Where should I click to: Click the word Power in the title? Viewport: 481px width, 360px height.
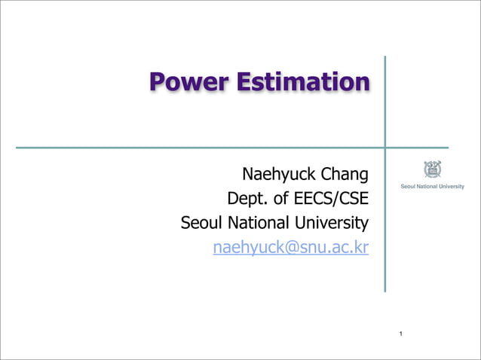click(189, 82)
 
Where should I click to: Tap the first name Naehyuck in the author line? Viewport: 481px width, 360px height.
click(277, 175)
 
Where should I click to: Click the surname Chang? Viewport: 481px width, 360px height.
click(345, 175)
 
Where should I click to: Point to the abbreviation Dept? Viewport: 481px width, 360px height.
click(245, 200)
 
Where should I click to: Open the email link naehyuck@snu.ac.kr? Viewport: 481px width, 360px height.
click(291, 248)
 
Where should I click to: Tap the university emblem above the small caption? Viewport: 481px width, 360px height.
click(432, 169)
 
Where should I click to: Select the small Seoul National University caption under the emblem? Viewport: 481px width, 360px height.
click(432, 186)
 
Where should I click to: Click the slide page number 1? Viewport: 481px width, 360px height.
click(401, 333)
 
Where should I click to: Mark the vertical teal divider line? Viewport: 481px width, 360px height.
click(385, 226)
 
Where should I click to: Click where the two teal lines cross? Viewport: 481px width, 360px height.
click(385, 148)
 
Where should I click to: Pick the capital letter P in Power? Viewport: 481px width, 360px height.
click(158, 82)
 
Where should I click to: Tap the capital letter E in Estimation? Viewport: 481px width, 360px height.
click(245, 82)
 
